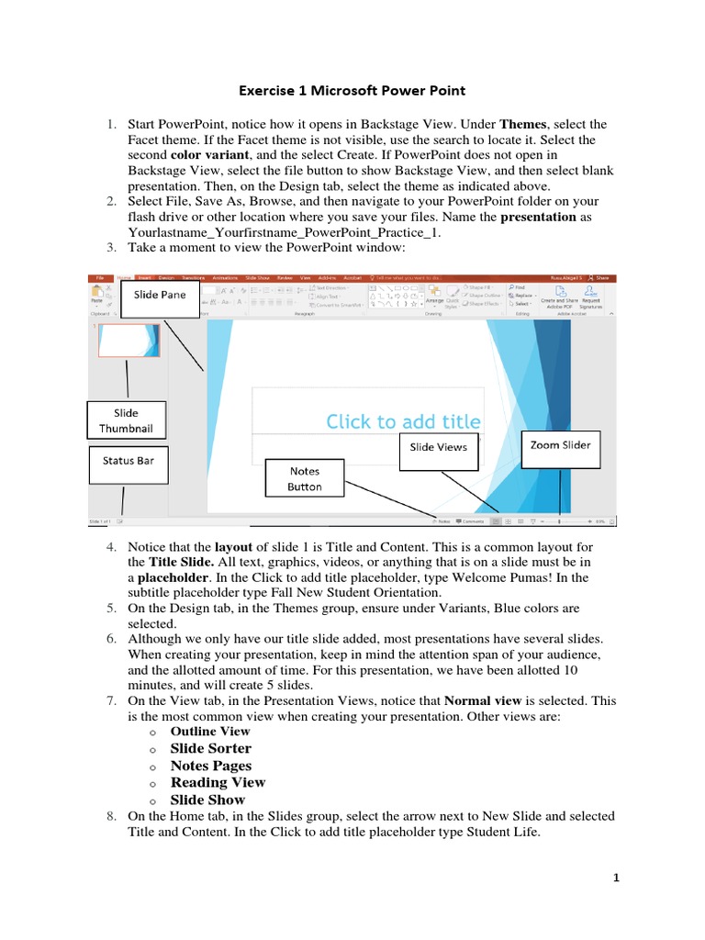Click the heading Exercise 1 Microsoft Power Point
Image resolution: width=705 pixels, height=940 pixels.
click(x=352, y=91)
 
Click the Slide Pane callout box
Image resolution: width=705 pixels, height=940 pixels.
click(x=160, y=295)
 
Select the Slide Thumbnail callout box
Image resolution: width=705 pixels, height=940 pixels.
click(x=127, y=421)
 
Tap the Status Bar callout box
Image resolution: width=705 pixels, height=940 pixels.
click(x=129, y=461)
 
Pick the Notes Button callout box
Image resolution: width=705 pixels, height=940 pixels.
click(x=304, y=479)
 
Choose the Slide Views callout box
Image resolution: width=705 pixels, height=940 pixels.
click(x=438, y=447)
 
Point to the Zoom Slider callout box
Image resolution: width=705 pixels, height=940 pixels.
click(x=560, y=445)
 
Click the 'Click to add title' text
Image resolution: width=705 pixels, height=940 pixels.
click(x=403, y=421)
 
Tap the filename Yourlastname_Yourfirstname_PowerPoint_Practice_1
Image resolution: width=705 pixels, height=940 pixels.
click(x=285, y=233)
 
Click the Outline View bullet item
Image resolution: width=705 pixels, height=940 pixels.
click(x=210, y=732)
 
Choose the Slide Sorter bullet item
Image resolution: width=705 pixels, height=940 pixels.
click(x=210, y=748)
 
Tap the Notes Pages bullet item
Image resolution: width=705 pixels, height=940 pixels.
click(x=211, y=766)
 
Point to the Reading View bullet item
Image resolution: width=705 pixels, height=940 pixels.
click(x=218, y=782)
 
